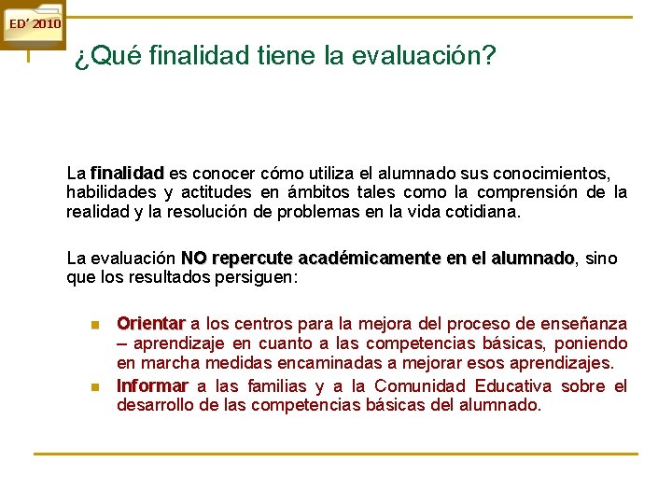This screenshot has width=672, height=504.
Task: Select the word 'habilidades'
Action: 107,192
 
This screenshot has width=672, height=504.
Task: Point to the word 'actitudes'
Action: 218,192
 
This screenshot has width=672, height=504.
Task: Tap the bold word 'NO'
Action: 194,258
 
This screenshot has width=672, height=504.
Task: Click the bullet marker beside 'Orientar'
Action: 94,325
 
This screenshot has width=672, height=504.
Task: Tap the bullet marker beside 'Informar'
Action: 94,387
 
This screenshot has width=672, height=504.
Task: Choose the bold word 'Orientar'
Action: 150,324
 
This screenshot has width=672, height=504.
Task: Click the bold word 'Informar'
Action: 152,386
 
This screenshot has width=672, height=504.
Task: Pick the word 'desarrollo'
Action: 154,405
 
